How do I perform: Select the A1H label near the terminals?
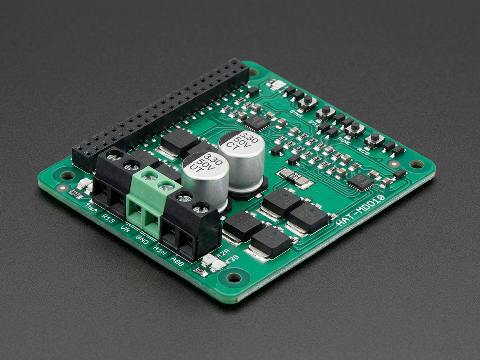point(159,250)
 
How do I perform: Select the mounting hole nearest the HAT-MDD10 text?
point(416,164)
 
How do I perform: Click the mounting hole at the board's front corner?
point(234,277)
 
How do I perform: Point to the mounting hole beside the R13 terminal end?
point(67,175)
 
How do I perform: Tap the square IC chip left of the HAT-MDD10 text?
point(360,182)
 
